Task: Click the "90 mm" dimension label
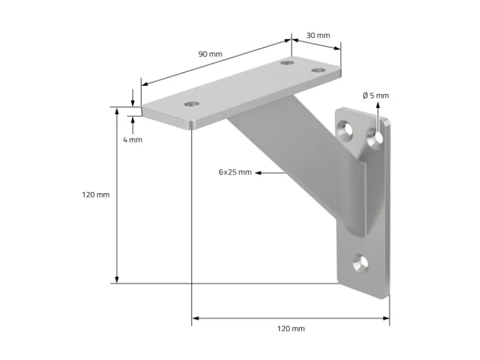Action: click(x=210, y=54)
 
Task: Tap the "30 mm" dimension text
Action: click(x=318, y=35)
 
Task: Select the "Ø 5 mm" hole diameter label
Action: click(x=376, y=95)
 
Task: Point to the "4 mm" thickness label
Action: click(x=132, y=139)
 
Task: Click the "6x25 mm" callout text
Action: click(x=235, y=172)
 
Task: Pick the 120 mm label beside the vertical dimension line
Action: click(x=95, y=195)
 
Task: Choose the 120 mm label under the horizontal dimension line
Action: click(x=290, y=328)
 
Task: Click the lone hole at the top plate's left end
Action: click(x=191, y=104)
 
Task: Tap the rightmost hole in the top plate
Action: click(x=317, y=70)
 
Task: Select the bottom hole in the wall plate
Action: click(x=360, y=262)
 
